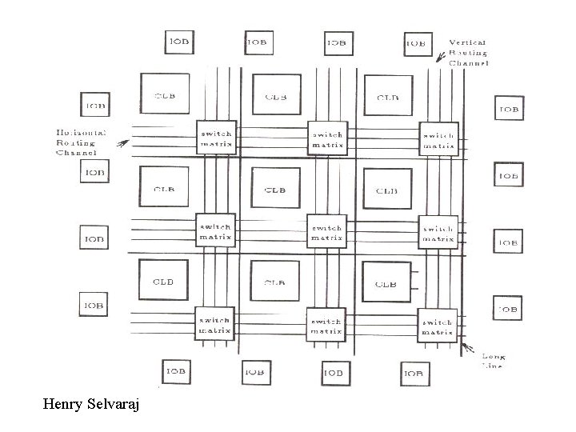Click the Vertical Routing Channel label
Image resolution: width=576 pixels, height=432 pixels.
pos(469,52)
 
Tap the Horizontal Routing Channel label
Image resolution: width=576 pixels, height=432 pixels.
pos(76,142)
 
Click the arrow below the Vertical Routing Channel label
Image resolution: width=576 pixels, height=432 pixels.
pos(441,56)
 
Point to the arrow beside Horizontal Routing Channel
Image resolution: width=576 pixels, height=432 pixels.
pos(122,144)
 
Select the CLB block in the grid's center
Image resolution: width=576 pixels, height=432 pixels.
pos(275,189)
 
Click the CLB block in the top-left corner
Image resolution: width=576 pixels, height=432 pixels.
pos(165,95)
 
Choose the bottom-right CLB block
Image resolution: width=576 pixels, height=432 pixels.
pos(386,282)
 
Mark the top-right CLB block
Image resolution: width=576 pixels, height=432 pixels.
pos(387,97)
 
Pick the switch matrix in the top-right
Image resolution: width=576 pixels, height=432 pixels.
pos(438,139)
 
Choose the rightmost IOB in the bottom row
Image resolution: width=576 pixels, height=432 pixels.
pos(414,371)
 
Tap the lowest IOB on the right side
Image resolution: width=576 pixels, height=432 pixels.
pos(507,307)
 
